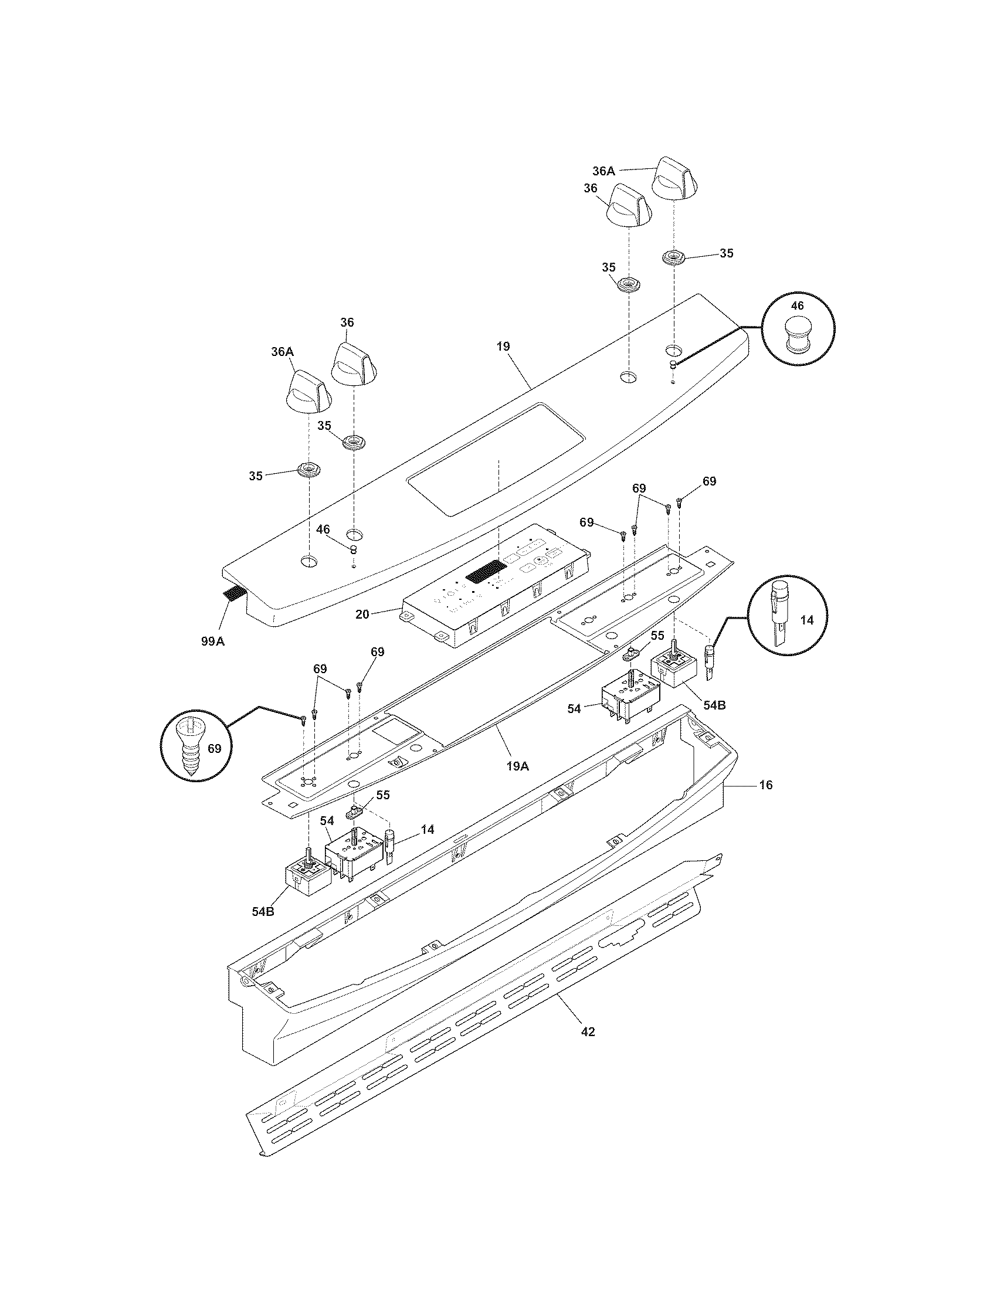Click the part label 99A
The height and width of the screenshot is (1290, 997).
[x=212, y=641]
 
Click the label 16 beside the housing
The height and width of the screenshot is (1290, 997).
[x=765, y=785]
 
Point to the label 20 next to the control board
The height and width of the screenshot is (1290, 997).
[x=362, y=615]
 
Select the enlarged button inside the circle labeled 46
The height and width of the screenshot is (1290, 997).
[x=797, y=335]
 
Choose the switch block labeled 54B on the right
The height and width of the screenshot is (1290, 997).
[x=674, y=671]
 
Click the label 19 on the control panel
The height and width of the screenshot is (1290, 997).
[x=503, y=347]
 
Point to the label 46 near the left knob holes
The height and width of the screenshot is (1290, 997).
[x=323, y=530]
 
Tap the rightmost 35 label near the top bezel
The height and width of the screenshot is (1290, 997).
[x=726, y=253]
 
